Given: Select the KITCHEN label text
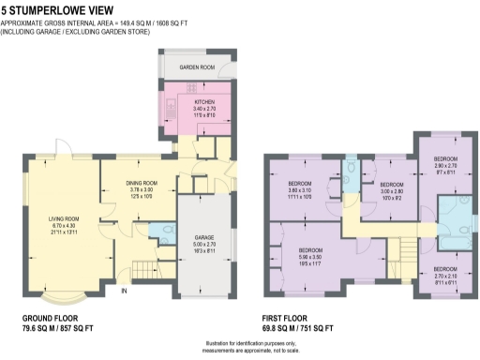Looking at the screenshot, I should (205, 102).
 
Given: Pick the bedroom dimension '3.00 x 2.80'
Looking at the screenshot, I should (390, 191).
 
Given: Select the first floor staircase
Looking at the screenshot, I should (407, 254).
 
